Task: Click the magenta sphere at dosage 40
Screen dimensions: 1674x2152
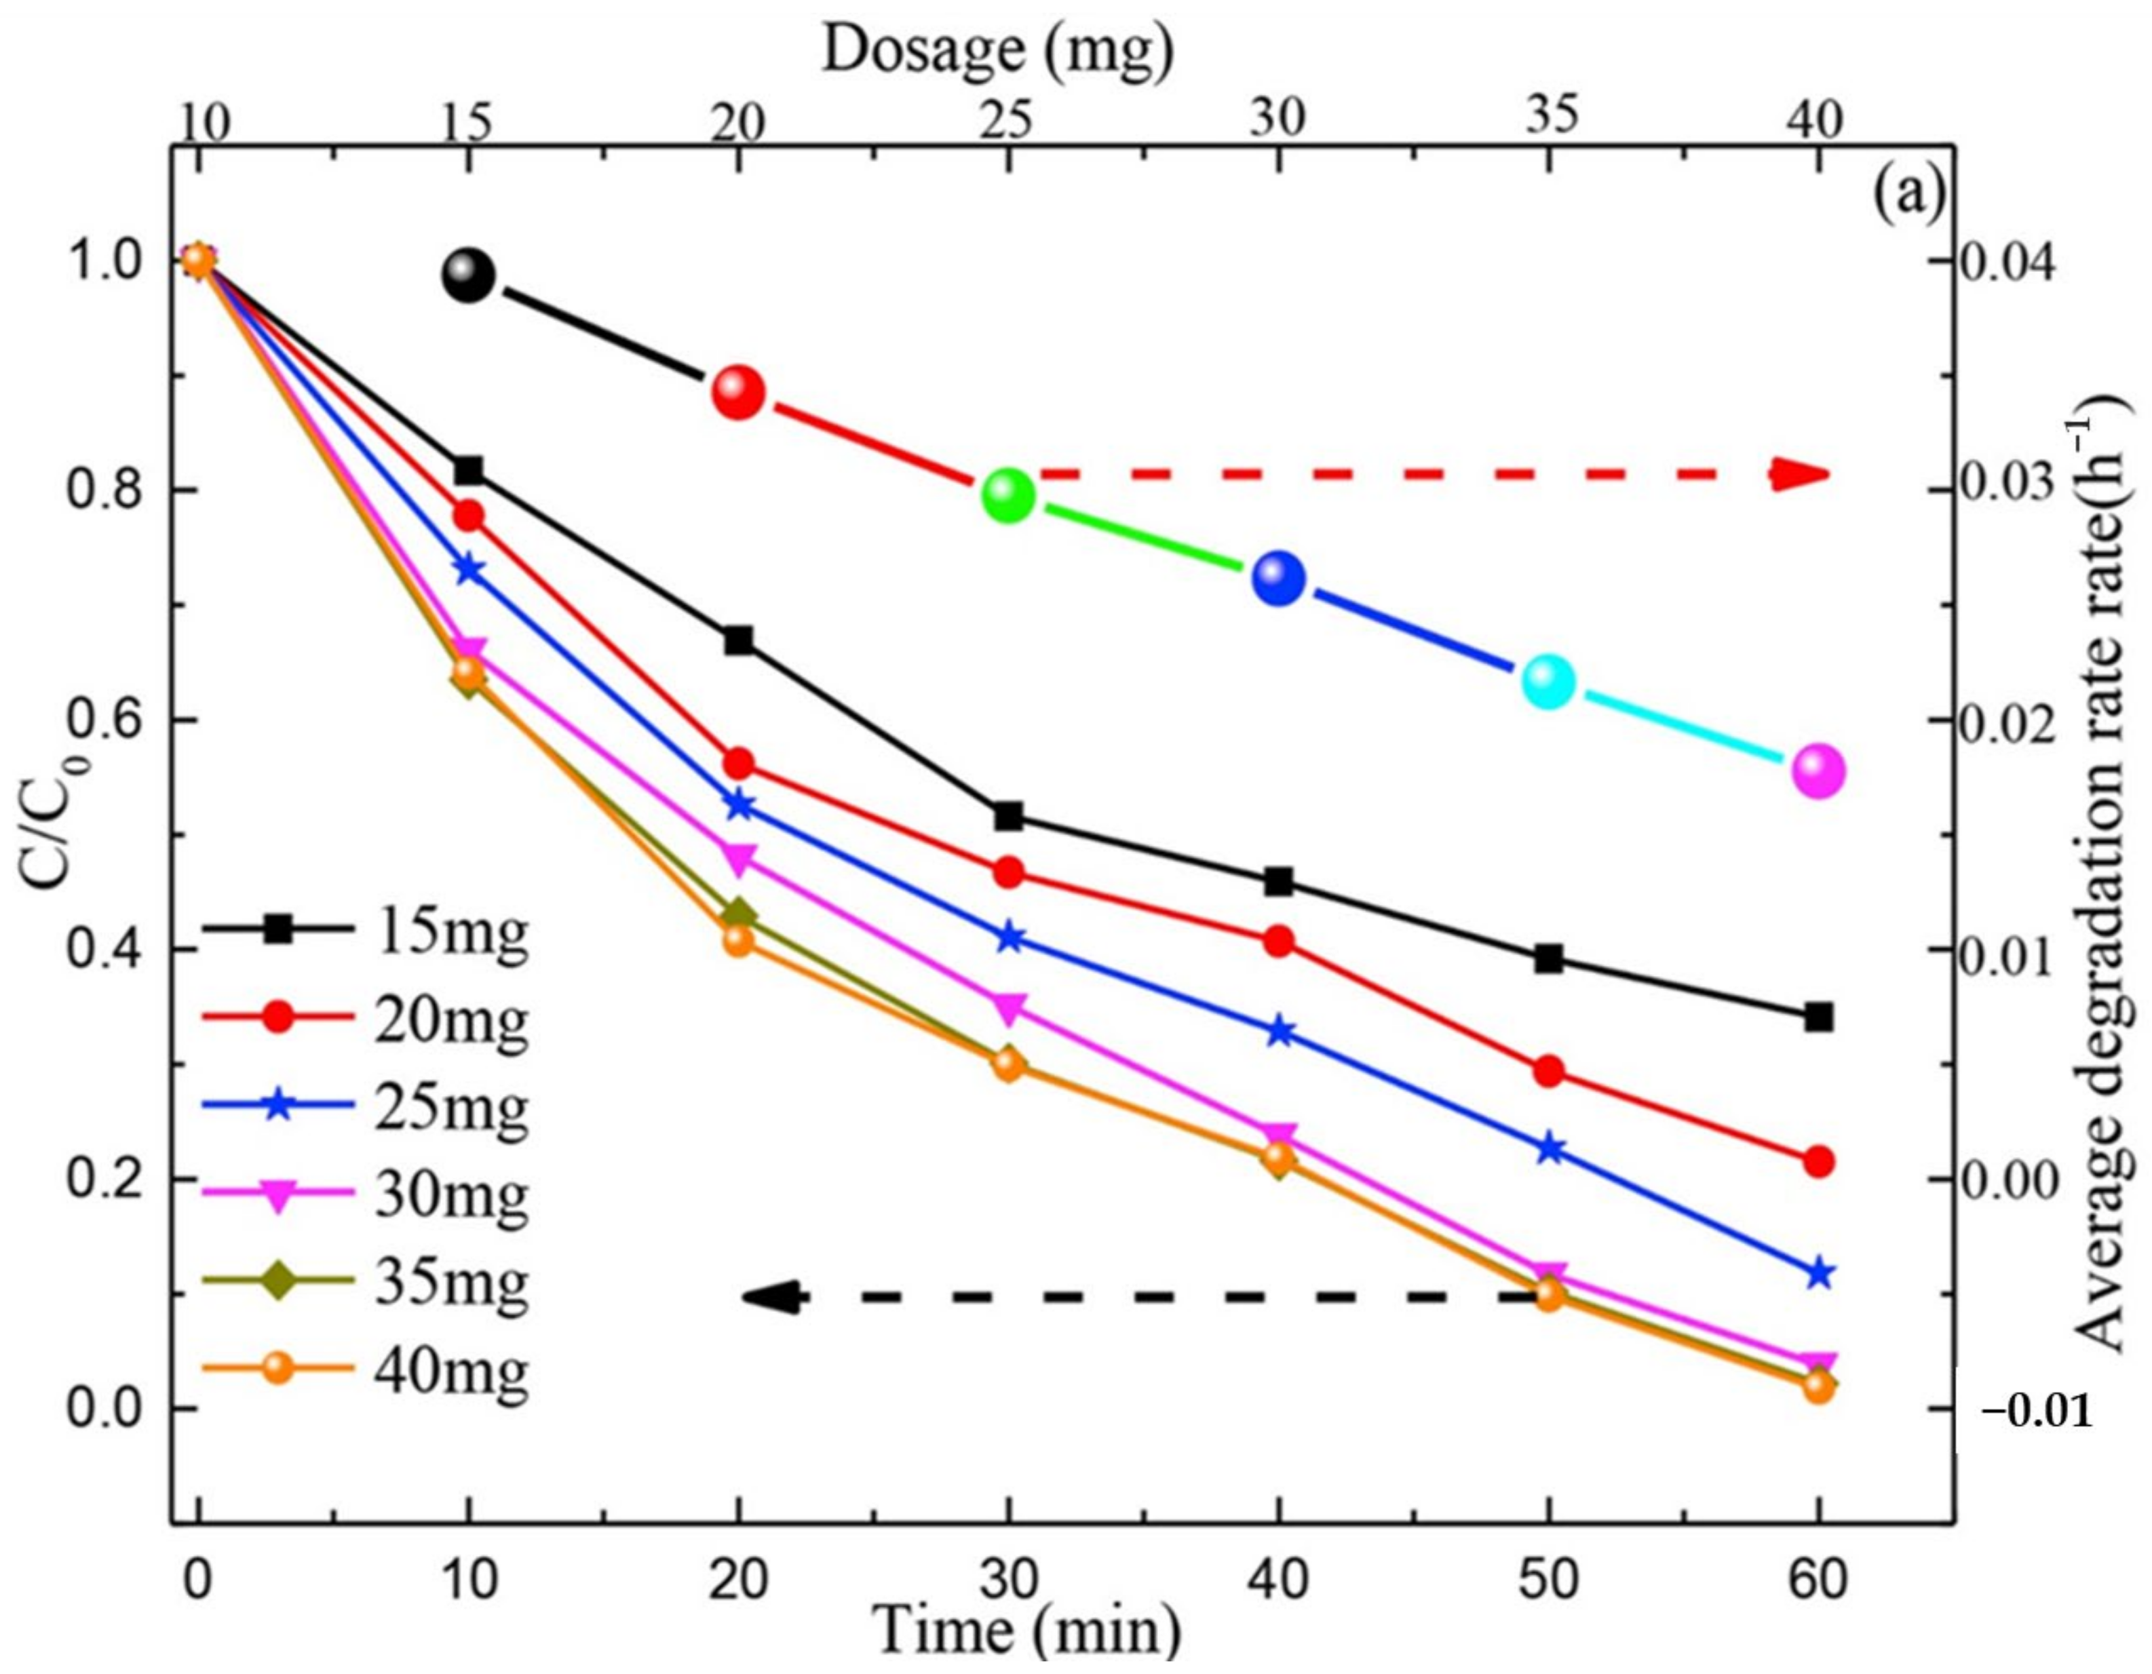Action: coord(1819,771)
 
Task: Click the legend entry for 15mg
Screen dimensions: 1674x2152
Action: coord(364,929)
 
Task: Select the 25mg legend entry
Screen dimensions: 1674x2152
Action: coord(364,1108)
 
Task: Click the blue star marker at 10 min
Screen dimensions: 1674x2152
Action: coord(469,570)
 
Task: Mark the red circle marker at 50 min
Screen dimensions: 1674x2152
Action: coord(1549,1071)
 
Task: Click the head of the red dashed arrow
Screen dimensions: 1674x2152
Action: coord(1799,475)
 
